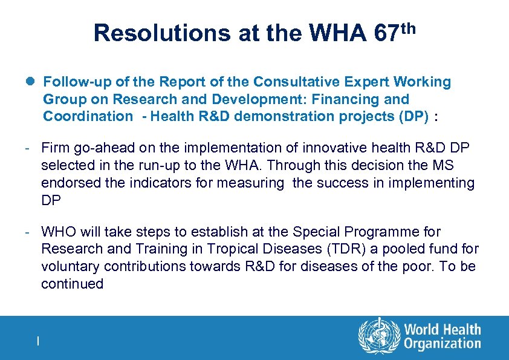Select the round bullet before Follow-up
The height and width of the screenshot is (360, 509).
[31, 82]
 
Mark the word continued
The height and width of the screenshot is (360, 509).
[72, 284]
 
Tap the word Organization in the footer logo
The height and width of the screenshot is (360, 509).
[442, 344]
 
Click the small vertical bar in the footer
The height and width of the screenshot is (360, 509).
[38, 341]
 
